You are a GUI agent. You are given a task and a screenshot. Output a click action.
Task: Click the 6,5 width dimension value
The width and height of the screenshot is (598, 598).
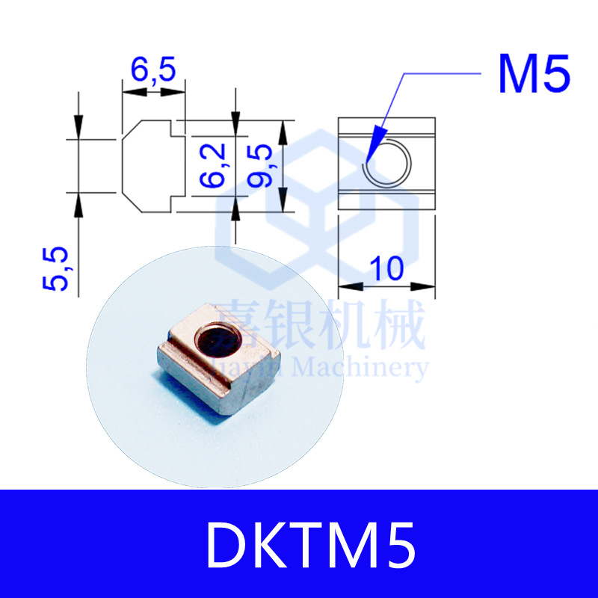pyautogui.click(x=153, y=71)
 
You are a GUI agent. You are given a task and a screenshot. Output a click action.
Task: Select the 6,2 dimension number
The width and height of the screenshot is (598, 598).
pyautogui.click(x=213, y=166)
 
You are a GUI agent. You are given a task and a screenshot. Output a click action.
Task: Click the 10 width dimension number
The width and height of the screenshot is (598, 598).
pyautogui.click(x=386, y=268)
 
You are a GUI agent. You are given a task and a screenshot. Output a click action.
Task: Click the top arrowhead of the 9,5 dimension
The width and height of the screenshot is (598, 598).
pyautogui.click(x=283, y=130)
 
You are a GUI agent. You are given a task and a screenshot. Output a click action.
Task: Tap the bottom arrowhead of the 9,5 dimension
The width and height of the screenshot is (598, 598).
pyautogui.click(x=283, y=202)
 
